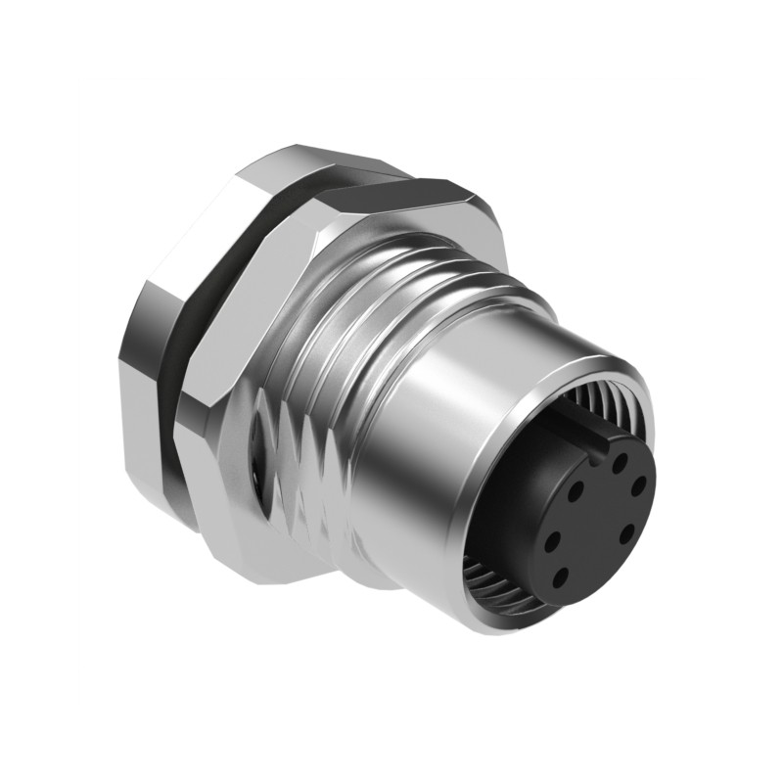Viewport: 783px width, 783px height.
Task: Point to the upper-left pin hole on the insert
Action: point(576,486)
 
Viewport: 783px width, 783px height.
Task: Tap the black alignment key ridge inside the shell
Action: point(573,423)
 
